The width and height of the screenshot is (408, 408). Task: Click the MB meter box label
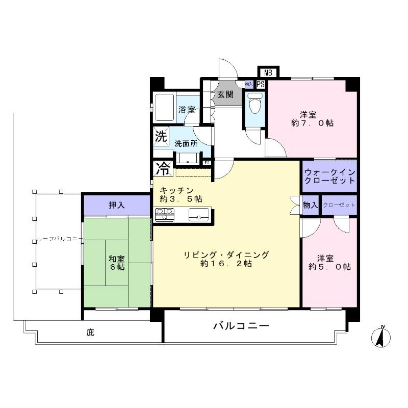[268, 73]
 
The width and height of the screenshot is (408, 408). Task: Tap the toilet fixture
[255, 104]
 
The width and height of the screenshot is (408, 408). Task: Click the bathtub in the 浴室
[165, 108]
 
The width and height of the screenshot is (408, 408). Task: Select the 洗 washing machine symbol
[161, 137]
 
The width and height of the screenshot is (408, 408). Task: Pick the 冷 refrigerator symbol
[163, 167]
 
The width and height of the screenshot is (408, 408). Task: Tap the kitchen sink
[198, 215]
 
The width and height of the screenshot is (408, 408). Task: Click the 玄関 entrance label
[225, 95]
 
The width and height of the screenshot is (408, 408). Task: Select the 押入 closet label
[116, 205]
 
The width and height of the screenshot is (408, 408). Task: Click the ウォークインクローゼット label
[329, 176]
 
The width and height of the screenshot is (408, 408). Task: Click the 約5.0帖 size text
[329, 266]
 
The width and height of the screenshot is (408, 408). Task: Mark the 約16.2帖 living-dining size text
[226, 264]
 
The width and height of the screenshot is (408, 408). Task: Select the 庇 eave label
[90, 333]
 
